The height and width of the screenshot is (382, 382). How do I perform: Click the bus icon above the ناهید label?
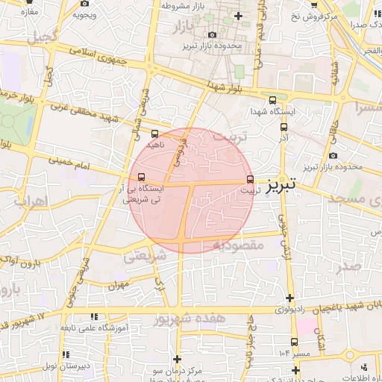(x=154, y=134)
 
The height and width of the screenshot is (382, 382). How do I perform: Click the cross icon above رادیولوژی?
(x=289, y=298)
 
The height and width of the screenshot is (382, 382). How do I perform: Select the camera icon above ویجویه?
(x=80, y=14)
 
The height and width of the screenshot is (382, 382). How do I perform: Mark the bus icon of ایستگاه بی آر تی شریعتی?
(x=142, y=177)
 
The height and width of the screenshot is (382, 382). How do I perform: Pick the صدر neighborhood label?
(x=349, y=266)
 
